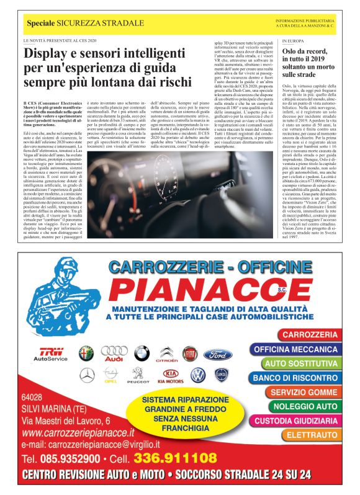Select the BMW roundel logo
click(142, 354)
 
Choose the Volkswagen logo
click(198, 375)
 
